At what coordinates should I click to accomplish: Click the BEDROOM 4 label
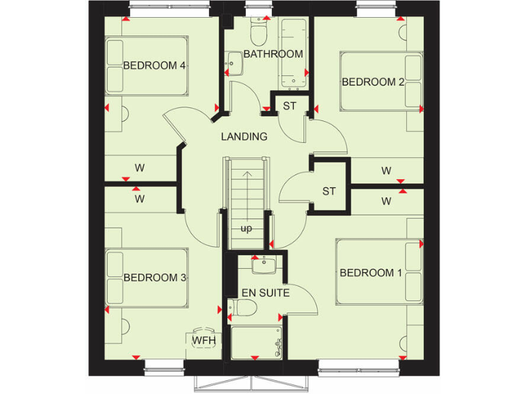[145, 66]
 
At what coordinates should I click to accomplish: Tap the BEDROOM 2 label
[373, 82]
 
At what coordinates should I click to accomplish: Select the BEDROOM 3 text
[145, 278]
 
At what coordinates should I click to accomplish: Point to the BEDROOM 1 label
[371, 273]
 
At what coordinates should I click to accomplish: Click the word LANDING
[244, 137]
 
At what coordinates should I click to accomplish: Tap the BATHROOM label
[273, 54]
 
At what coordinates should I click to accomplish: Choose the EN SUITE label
[265, 293]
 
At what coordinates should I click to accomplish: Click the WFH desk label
[203, 340]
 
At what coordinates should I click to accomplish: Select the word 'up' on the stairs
[246, 228]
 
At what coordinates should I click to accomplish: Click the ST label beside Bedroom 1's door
[329, 191]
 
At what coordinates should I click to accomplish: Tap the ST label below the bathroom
[290, 106]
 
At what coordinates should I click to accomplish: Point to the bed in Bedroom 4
[146, 66]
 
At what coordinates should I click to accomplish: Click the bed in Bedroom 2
[381, 82]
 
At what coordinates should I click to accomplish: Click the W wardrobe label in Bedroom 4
[140, 167]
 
